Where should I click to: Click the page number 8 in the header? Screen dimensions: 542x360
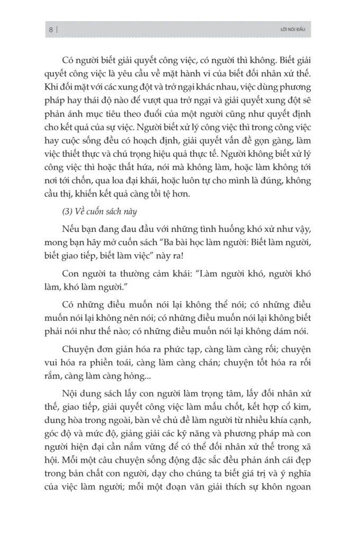(x=50, y=30)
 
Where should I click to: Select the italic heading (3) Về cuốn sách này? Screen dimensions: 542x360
(x=100, y=212)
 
